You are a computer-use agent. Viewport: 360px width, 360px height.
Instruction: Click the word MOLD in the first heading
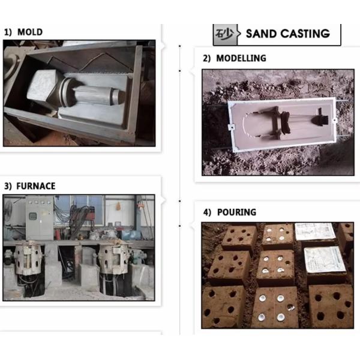tap(30, 32)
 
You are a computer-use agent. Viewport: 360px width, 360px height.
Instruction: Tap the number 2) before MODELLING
tap(206, 58)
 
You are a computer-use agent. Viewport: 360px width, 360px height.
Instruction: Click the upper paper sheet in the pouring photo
tap(315, 232)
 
